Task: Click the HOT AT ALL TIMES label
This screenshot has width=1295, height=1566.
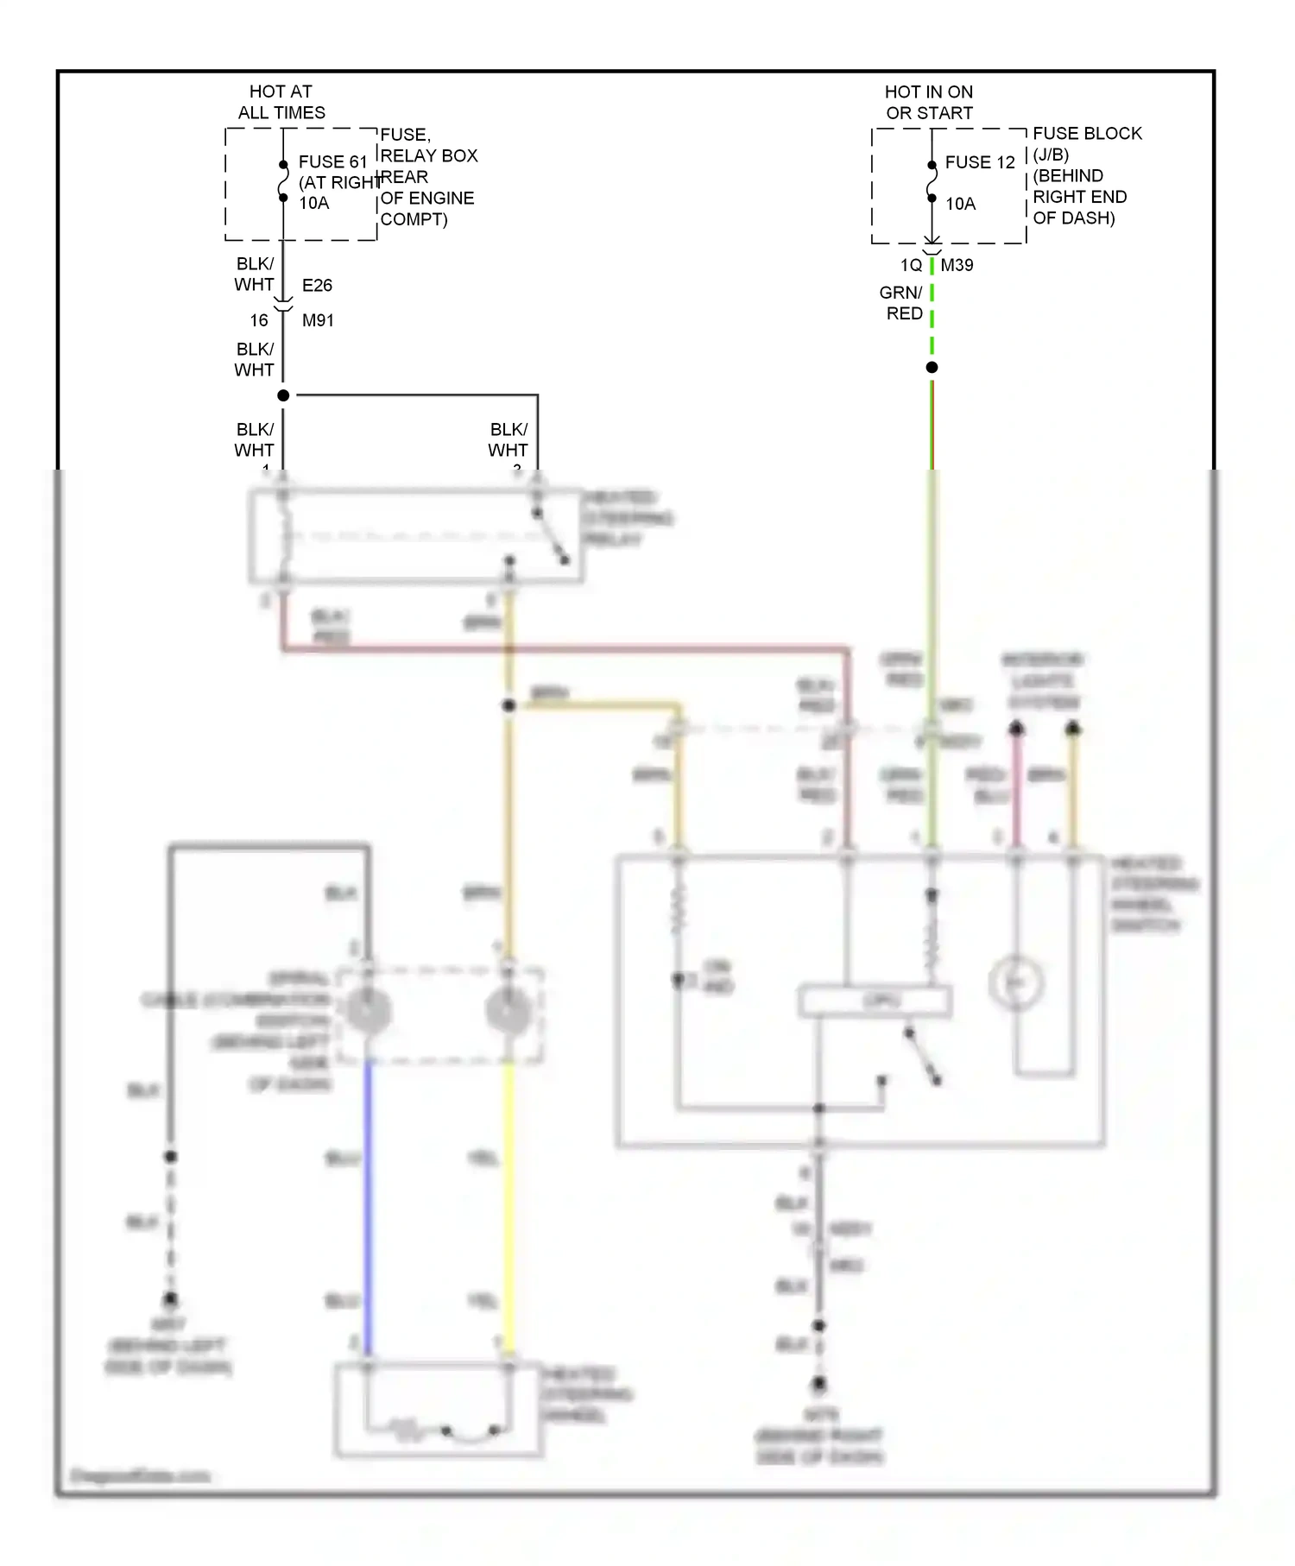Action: pos(281,102)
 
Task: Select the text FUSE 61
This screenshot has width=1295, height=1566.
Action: pos(332,162)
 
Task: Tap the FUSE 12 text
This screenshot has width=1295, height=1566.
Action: pos(980,162)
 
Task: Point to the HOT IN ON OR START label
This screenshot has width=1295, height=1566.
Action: pos(929,102)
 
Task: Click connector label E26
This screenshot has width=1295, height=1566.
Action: pos(317,286)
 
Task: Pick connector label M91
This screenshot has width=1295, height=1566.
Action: pos(318,320)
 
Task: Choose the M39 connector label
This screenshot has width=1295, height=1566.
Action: pos(957,265)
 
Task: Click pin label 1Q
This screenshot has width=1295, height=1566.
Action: pos(911,265)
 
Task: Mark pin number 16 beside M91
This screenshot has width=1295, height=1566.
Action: pos(259,320)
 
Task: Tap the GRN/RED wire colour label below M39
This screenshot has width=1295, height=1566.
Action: pos(902,303)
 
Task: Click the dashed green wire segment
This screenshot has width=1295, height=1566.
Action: pos(932,319)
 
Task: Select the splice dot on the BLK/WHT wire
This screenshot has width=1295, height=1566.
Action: pos(283,395)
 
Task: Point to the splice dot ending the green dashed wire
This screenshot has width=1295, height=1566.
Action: pos(932,368)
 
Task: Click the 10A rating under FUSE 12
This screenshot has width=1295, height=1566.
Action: pos(960,204)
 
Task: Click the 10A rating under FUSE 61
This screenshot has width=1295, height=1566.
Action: pos(314,203)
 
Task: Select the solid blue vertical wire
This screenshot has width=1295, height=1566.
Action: pos(368,1209)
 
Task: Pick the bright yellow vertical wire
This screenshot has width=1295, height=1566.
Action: pos(509,1209)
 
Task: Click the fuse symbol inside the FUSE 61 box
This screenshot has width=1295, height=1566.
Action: pos(283,181)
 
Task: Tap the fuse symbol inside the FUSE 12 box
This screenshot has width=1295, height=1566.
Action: pos(932,182)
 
